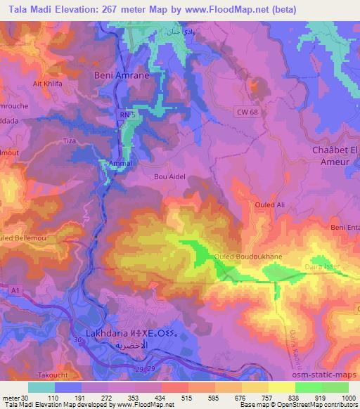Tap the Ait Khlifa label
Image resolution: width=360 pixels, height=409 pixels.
tap(46, 83)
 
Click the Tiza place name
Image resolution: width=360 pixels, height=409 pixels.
tap(70, 141)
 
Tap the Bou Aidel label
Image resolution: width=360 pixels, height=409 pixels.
tap(169, 177)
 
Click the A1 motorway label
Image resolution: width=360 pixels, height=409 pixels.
tap(15, 290)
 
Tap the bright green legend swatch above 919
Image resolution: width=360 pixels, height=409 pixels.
tap(308, 387)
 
